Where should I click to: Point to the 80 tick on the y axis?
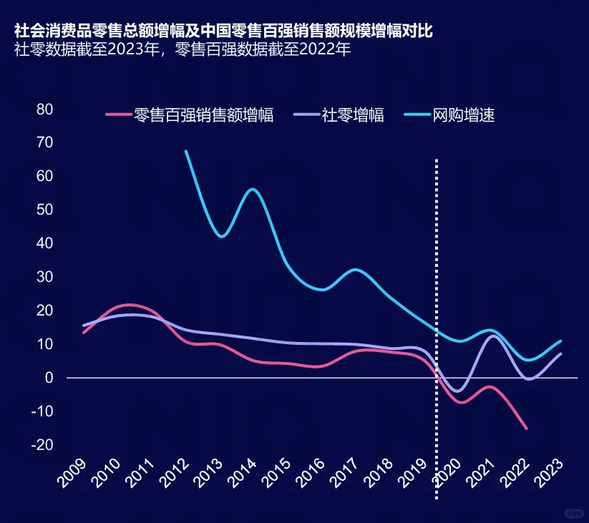pos(45,109)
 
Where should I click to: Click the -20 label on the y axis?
pos(43,444)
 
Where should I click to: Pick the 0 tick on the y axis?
pos(50,377)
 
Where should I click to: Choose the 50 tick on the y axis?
pos(45,210)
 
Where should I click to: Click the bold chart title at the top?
pos(223,31)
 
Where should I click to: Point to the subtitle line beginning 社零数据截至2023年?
pos(182,51)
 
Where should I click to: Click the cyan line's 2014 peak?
pos(253,189)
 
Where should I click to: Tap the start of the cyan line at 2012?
pos(186,151)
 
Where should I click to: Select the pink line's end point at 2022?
pos(527,429)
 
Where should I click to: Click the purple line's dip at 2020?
pos(458,391)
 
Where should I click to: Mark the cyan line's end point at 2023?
pos(561,341)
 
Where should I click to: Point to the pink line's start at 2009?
pos(84,333)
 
